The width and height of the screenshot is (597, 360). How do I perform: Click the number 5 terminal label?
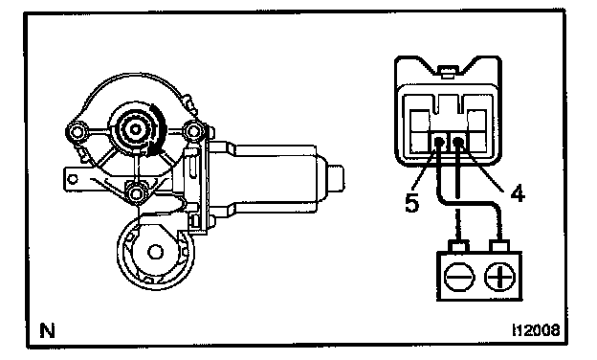tap(411, 203)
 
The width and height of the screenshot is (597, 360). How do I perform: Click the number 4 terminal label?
tap(518, 193)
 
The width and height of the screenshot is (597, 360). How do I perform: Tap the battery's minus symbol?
tap(459, 276)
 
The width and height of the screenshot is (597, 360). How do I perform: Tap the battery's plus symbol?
tap(499, 276)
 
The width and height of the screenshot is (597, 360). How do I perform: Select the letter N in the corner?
tap(48, 330)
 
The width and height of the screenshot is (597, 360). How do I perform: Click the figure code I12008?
tap(537, 330)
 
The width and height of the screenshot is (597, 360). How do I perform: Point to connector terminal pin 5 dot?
tap(439, 144)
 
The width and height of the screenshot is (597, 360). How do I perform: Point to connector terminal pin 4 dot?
tap(458, 143)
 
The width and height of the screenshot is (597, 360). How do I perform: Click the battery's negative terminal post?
tap(459, 246)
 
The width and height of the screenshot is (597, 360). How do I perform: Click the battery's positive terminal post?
tap(500, 246)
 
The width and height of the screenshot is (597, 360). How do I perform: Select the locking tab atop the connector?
tap(448, 72)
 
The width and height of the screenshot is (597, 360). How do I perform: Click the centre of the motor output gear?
tap(135, 129)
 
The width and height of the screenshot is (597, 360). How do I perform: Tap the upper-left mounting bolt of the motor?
tap(77, 132)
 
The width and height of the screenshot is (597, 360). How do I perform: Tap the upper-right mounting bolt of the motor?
tap(193, 131)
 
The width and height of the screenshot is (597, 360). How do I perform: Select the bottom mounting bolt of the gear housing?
tap(136, 194)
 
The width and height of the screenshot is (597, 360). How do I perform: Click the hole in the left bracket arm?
tap(74, 179)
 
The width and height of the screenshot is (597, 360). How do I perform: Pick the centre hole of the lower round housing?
tap(155, 252)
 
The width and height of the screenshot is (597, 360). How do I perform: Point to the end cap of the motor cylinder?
tap(336, 178)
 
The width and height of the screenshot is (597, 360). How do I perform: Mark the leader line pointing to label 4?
tap(487, 168)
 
